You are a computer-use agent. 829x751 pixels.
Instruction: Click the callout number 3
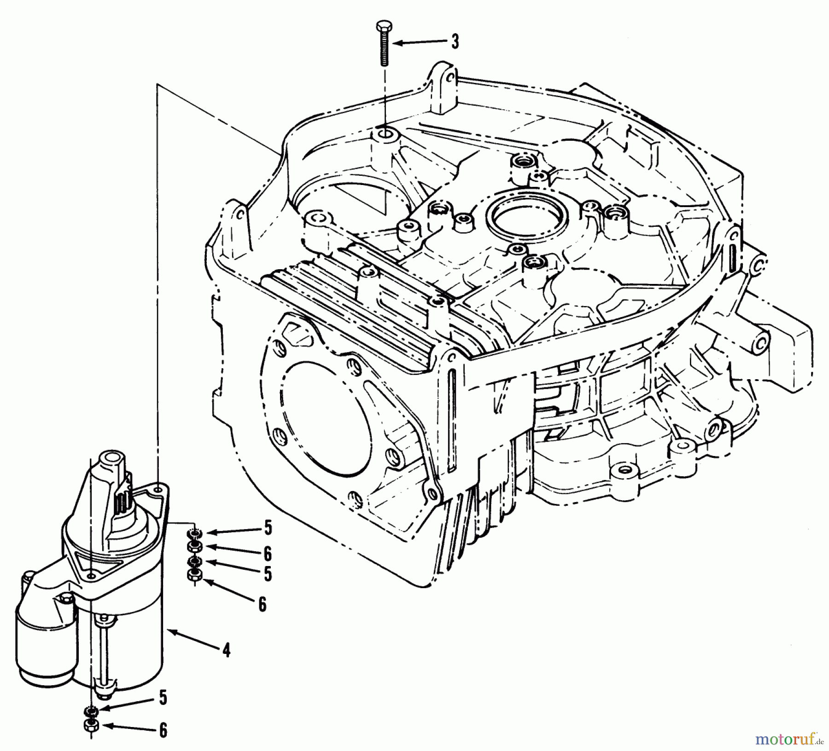coord(455,42)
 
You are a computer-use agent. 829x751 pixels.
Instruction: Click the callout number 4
coord(226,651)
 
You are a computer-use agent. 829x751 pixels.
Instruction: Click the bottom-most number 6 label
coord(163,730)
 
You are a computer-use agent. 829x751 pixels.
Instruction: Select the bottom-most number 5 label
coord(163,698)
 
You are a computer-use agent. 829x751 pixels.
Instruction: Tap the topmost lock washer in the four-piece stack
coord(194,534)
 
